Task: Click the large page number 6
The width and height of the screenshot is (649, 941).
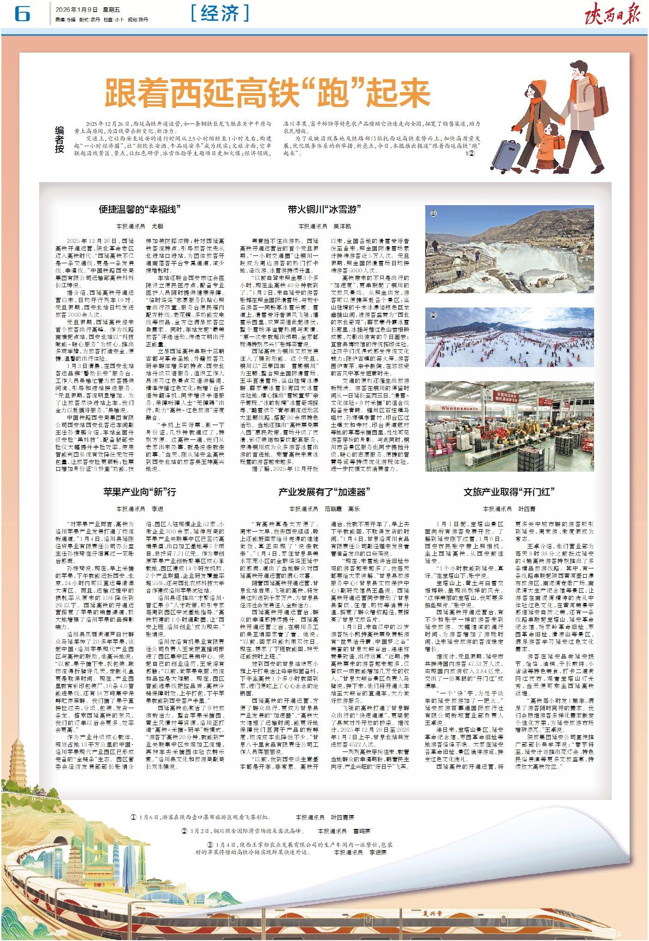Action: coord(22,14)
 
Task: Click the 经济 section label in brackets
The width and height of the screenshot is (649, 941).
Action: coord(220,13)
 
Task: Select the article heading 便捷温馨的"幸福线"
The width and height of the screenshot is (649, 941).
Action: coord(139,209)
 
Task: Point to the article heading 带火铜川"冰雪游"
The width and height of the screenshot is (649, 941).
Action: coord(324,209)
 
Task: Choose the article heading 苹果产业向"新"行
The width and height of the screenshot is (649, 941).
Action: coord(139,491)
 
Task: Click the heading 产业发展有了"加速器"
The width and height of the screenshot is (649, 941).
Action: coord(324,491)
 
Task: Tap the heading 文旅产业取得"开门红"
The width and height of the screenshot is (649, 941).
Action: coord(509,491)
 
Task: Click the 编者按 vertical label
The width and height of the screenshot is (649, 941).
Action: coord(60,139)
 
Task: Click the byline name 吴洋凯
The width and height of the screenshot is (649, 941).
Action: coord(342,226)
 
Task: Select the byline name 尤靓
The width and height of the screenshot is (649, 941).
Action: coord(157,226)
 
